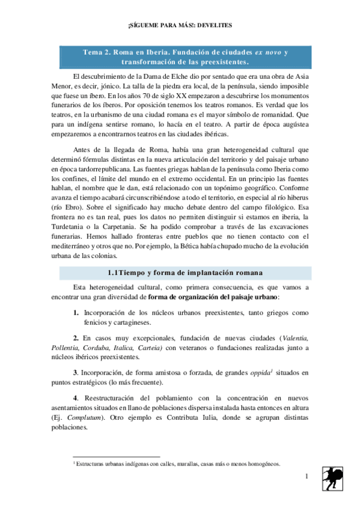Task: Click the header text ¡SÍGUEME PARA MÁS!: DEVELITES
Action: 180,26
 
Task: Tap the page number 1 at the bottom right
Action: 306,477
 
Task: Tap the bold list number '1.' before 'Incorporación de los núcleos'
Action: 76,313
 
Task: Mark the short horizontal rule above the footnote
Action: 115,458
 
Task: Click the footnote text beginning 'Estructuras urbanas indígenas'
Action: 178,464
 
